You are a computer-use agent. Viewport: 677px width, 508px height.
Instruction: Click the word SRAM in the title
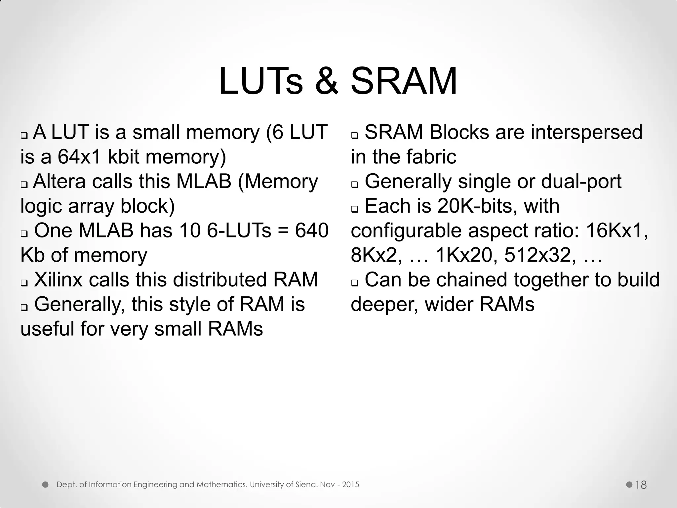pyautogui.click(x=404, y=81)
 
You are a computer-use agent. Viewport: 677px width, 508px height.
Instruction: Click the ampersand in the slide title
pyautogui.click(x=327, y=81)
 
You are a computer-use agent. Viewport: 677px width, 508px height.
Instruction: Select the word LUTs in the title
pyautogui.click(x=260, y=81)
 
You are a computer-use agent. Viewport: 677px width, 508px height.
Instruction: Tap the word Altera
pyautogui.click(x=59, y=181)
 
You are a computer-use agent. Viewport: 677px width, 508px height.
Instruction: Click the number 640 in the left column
pyautogui.click(x=312, y=231)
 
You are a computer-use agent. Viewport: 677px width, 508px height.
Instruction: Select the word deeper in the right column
pyautogui.click(x=384, y=304)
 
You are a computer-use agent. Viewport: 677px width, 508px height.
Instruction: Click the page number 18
pyautogui.click(x=641, y=485)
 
